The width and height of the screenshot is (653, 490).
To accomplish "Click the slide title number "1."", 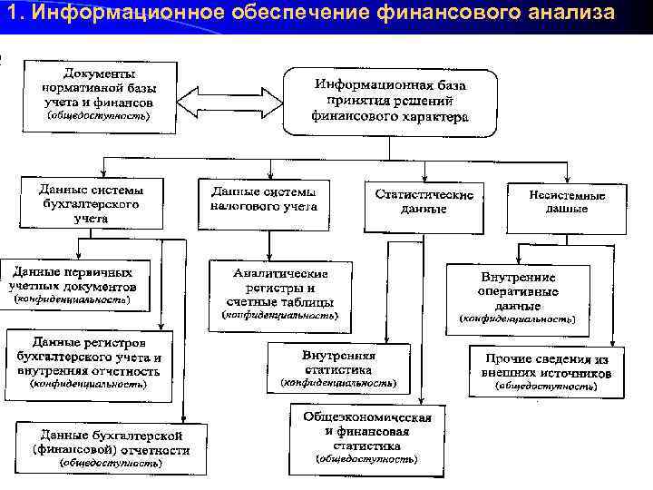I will point(13,13).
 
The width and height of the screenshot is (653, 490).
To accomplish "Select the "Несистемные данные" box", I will point(567,201).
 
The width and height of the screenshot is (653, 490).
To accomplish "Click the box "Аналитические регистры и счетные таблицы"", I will point(280,287).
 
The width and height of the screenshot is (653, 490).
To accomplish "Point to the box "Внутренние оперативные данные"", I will point(518,290).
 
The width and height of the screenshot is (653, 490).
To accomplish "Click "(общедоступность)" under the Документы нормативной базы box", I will point(100,116).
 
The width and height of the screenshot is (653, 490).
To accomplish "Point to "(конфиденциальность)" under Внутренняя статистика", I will point(338,384).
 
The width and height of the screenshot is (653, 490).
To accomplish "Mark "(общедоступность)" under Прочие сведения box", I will point(546,387).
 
